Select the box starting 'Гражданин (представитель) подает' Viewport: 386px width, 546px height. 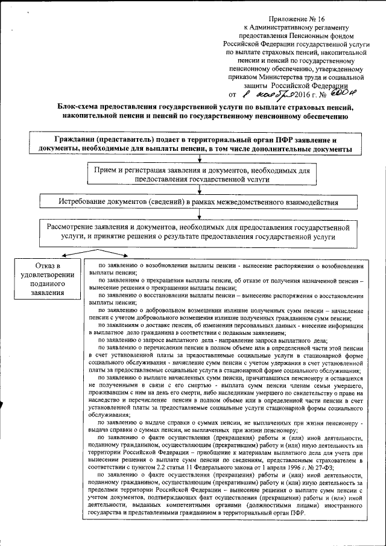coord(193,144)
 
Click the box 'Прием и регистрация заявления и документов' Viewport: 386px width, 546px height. coord(199,175)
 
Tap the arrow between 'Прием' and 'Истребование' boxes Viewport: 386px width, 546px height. coord(199,189)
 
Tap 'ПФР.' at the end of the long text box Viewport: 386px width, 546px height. coord(297,512)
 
